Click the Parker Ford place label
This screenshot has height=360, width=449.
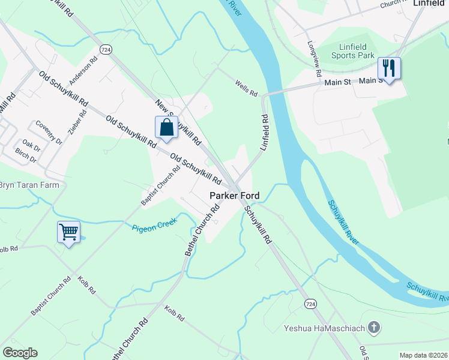pos(234,196)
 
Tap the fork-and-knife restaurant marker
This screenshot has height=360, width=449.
pos(389,69)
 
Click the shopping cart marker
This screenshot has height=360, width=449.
pos(68,232)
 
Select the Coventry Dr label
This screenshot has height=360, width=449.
pos(49,132)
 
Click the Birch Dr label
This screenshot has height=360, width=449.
pos(26,156)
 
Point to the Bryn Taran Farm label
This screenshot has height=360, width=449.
pos(29,185)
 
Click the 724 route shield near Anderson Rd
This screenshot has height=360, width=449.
pos(106,49)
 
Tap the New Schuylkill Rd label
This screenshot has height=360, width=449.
pos(178,122)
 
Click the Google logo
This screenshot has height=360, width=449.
pos(20,353)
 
